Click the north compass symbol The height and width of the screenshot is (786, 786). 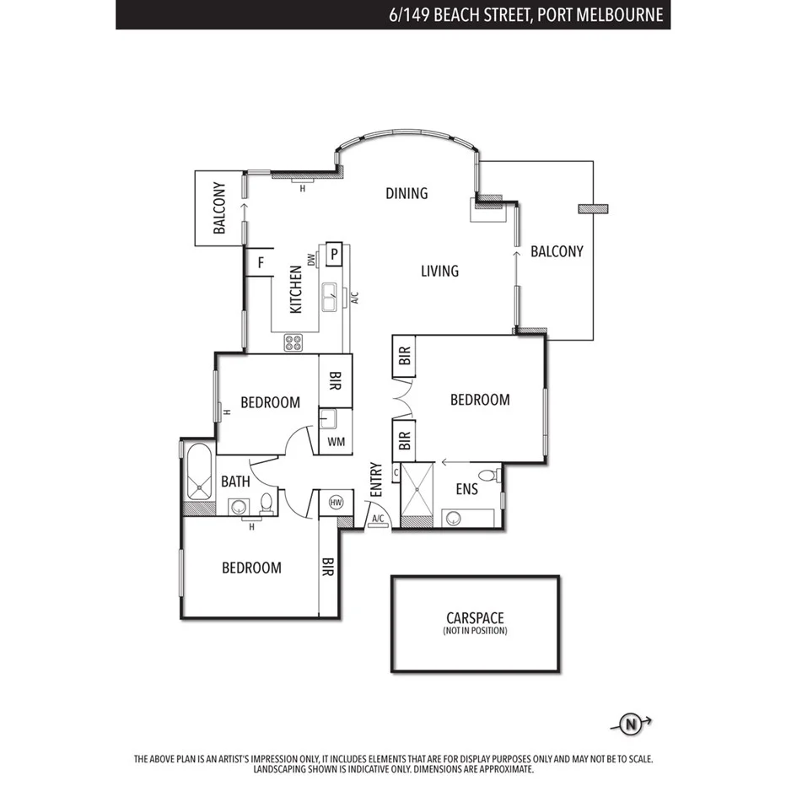pos(630,723)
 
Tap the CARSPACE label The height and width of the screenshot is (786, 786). pos(475,618)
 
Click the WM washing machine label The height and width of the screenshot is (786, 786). pos(335,441)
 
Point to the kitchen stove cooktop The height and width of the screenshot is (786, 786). pos(293,342)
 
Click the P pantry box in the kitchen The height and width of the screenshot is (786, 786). pos(334,252)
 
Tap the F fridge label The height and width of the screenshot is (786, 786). pos(261,262)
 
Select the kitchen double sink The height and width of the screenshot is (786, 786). pos(330,296)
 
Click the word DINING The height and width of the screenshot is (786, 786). pos(406,193)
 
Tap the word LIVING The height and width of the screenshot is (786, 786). pos(439,271)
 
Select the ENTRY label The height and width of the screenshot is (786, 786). pos(376,479)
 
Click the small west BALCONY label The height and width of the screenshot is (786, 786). pos(218,207)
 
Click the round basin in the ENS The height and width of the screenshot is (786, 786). pos(454,518)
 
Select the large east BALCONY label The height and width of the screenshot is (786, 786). pos(557,251)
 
